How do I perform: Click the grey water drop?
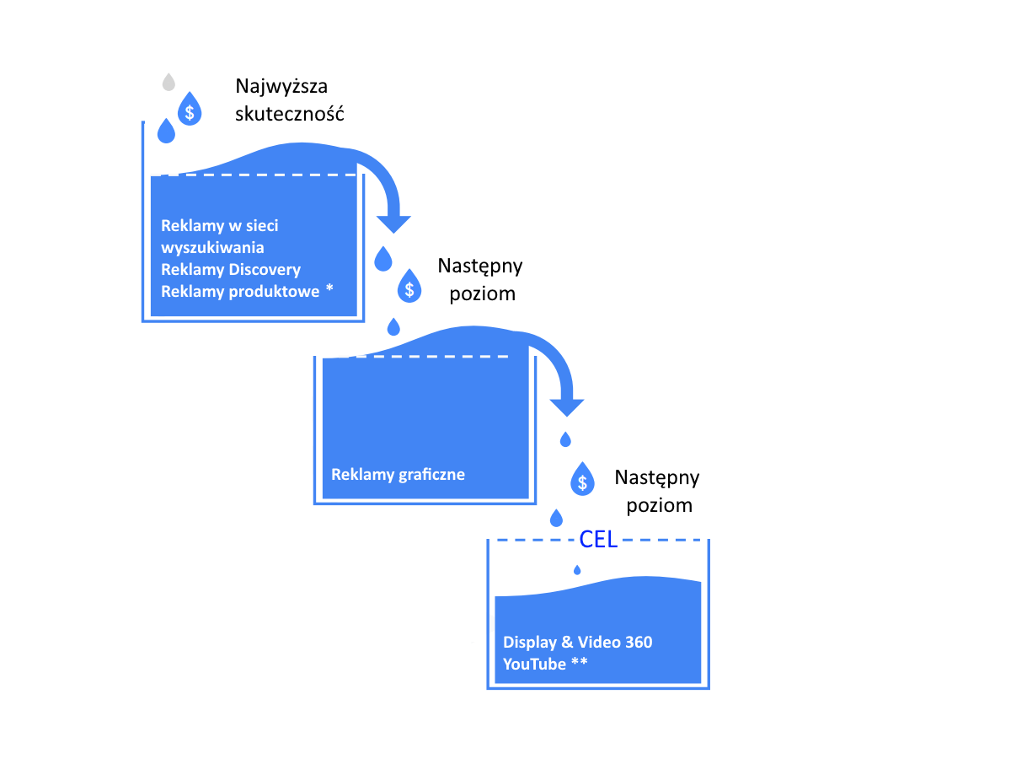coord(168,83)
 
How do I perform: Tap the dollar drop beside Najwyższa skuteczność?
coord(190,110)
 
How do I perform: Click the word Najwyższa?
coord(281,87)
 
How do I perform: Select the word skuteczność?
coord(290,114)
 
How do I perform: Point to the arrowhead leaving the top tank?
coord(393,223)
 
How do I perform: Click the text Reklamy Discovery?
coord(230,270)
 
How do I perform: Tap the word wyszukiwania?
coord(212,248)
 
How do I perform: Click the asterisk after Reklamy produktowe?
coord(329,289)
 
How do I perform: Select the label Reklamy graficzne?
coord(398,474)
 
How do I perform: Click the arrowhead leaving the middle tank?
coord(568,406)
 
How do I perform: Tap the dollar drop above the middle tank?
coord(409,288)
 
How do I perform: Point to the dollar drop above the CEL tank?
coord(582,480)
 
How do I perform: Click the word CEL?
coord(599,541)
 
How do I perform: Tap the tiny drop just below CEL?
coord(577,570)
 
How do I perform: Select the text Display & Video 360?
coord(577,643)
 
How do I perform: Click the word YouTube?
coord(534,665)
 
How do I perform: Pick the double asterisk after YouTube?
coord(580,663)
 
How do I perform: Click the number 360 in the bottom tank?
coord(639,643)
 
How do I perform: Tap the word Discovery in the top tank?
coord(265,270)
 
